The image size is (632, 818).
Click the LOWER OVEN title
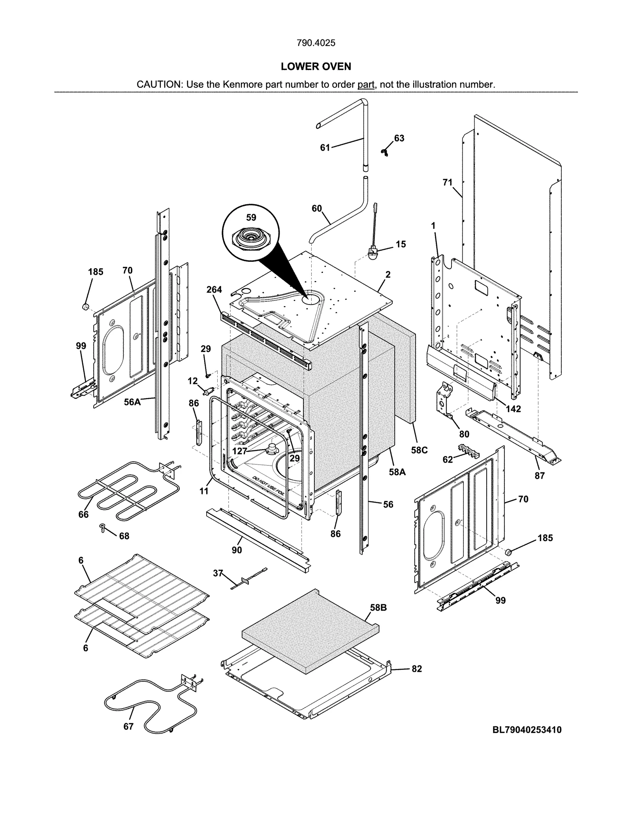click(316, 66)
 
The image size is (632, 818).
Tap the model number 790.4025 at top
click(316, 43)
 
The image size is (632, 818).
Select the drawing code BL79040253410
click(527, 730)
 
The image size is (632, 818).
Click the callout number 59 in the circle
click(251, 218)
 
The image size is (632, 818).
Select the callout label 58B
click(378, 608)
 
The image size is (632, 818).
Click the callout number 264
click(214, 290)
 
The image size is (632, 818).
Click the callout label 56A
click(132, 402)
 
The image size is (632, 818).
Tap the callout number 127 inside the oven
click(240, 451)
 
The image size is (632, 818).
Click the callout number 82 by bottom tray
click(417, 669)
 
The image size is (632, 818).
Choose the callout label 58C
click(419, 450)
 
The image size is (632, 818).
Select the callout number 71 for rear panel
click(447, 182)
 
